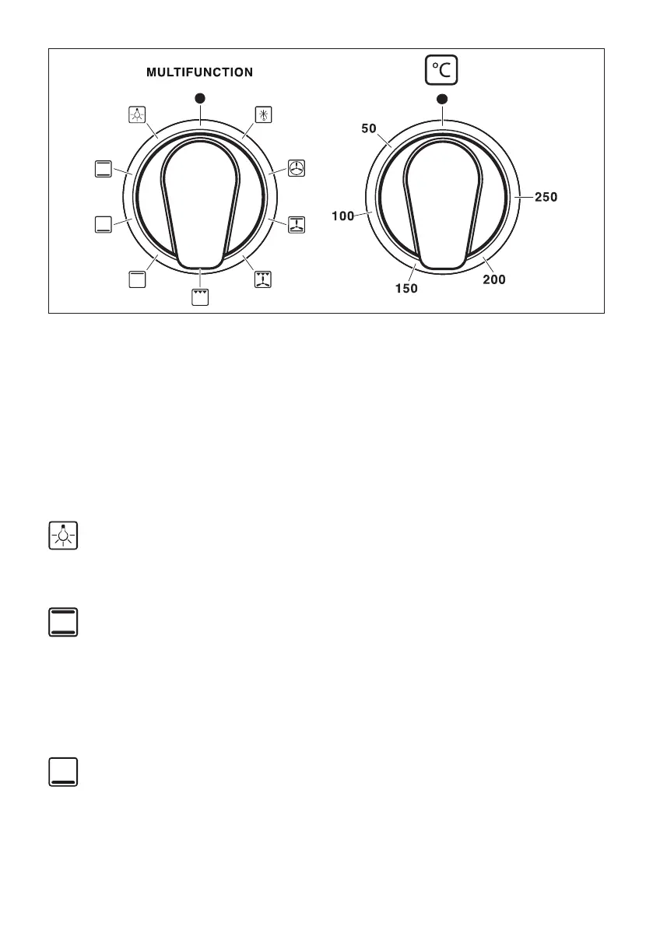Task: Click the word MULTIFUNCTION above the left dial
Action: pyautogui.click(x=200, y=72)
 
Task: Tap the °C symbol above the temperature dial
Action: pyautogui.click(x=441, y=70)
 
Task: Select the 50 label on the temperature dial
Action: pyautogui.click(x=369, y=128)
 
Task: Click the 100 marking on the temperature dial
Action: pyautogui.click(x=342, y=216)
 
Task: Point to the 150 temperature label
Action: pyautogui.click(x=406, y=289)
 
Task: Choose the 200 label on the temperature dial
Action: pyautogui.click(x=494, y=279)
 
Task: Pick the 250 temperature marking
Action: pyautogui.click(x=546, y=197)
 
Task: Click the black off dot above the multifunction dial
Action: pyautogui.click(x=200, y=98)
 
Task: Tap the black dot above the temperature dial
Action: pyautogui.click(x=442, y=99)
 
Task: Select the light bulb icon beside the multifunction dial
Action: pyautogui.click(x=137, y=114)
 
